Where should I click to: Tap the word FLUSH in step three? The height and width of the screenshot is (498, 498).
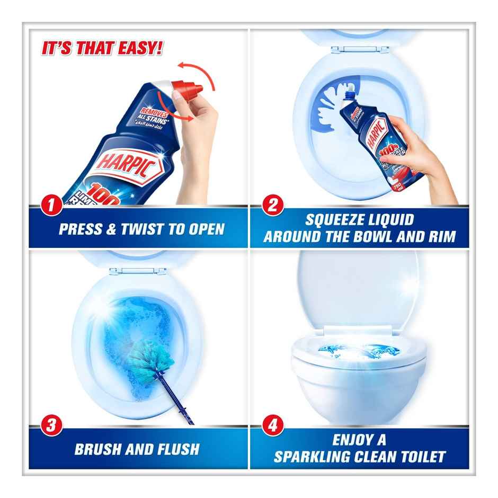coord(173,449)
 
